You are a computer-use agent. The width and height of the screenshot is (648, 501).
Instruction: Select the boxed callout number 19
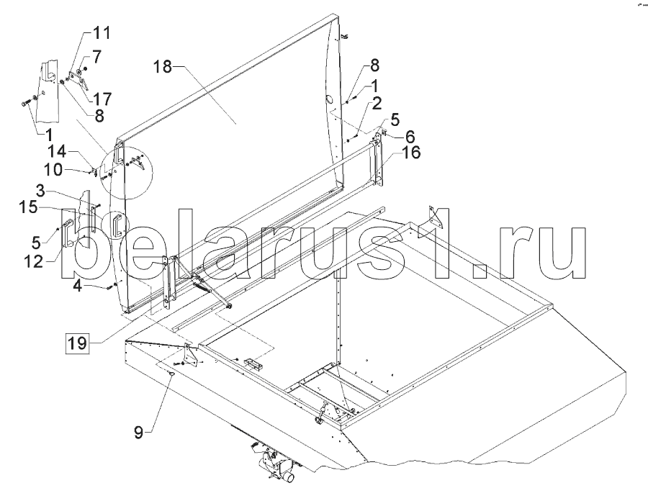77,343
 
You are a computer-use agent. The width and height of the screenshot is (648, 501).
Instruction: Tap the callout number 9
139,433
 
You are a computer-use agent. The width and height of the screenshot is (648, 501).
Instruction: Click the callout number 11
102,32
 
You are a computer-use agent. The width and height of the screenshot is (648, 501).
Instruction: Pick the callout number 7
96,57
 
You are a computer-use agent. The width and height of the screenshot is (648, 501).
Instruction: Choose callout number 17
102,99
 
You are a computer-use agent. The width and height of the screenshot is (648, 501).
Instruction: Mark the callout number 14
56,151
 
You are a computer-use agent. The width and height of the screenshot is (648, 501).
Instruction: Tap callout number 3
40,191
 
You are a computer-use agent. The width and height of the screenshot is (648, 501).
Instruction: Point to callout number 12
34,261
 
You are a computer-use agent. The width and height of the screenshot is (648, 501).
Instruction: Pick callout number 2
377,104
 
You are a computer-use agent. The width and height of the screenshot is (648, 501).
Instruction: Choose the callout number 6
410,136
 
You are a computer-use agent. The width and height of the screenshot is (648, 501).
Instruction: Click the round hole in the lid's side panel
329,99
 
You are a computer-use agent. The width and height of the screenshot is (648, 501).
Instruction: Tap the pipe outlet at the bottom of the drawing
287,478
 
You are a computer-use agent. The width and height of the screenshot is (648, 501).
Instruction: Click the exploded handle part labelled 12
68,233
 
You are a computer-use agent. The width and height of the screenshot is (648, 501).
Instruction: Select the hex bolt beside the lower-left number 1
24,103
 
